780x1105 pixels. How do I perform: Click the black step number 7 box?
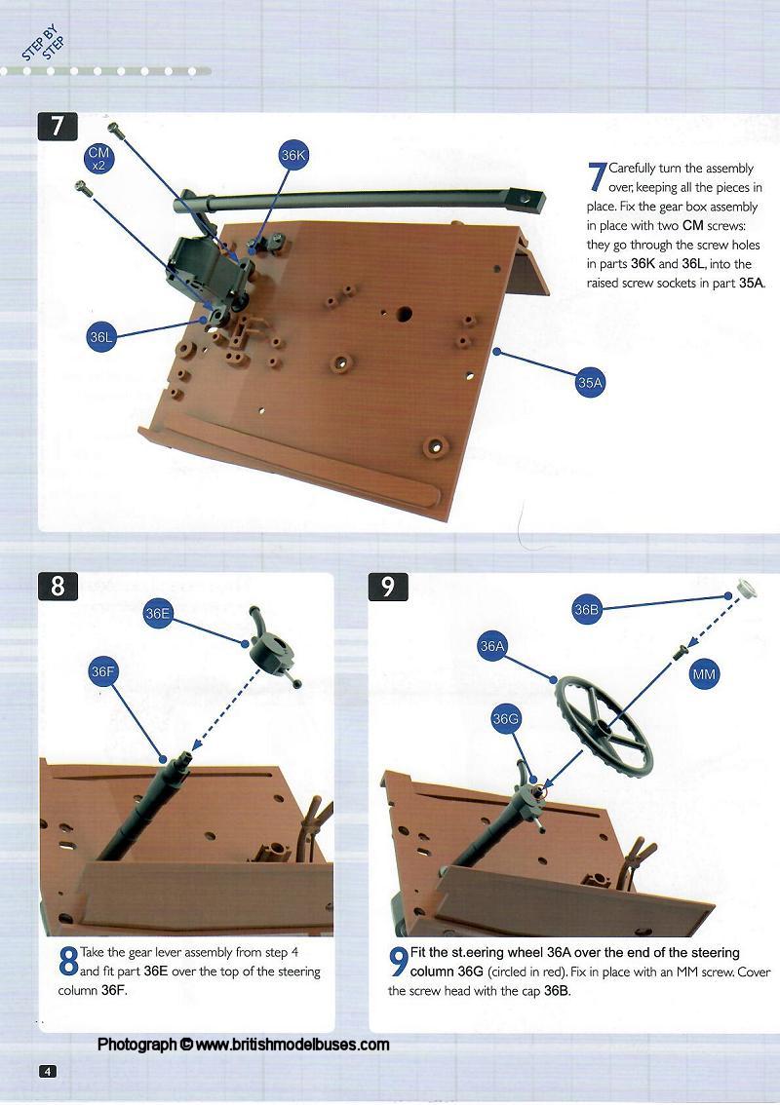58,127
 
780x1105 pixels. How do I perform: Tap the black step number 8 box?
58,587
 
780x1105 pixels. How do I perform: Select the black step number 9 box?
388,587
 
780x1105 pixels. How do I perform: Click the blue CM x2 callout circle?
98,158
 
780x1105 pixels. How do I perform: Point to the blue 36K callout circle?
293,155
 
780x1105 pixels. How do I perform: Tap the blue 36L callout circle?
100,337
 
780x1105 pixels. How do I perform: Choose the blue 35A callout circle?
590,382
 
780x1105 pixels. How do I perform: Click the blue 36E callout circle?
157,613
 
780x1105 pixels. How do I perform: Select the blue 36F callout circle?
103,671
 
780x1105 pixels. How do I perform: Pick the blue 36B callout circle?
587,610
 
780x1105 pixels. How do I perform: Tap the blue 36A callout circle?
492,646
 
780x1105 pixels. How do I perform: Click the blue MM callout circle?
704,674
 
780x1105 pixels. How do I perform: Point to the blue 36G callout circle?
506,719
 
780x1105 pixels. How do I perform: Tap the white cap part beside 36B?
746,589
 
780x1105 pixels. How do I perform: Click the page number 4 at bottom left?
47,1071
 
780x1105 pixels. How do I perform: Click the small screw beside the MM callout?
680,652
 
